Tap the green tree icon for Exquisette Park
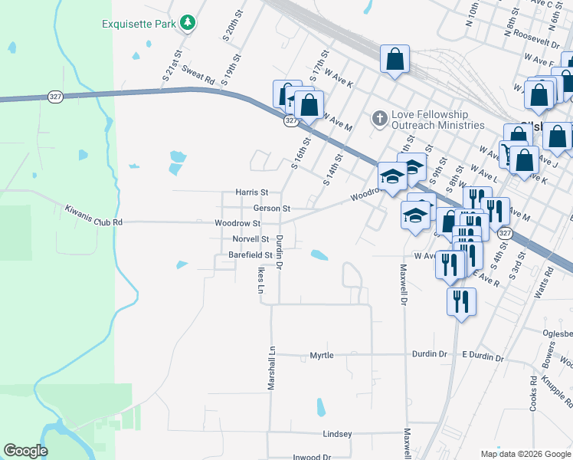(188, 23)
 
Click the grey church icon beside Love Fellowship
(378, 119)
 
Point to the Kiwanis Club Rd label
(93, 215)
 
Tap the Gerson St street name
(271, 208)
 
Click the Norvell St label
(250, 239)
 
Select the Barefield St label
(245, 255)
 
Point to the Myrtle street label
(321, 356)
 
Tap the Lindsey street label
(337, 434)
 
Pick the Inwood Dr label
(311, 457)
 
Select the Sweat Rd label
(198, 74)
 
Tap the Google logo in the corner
(25, 451)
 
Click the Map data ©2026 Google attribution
(526, 454)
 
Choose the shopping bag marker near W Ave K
(395, 59)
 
